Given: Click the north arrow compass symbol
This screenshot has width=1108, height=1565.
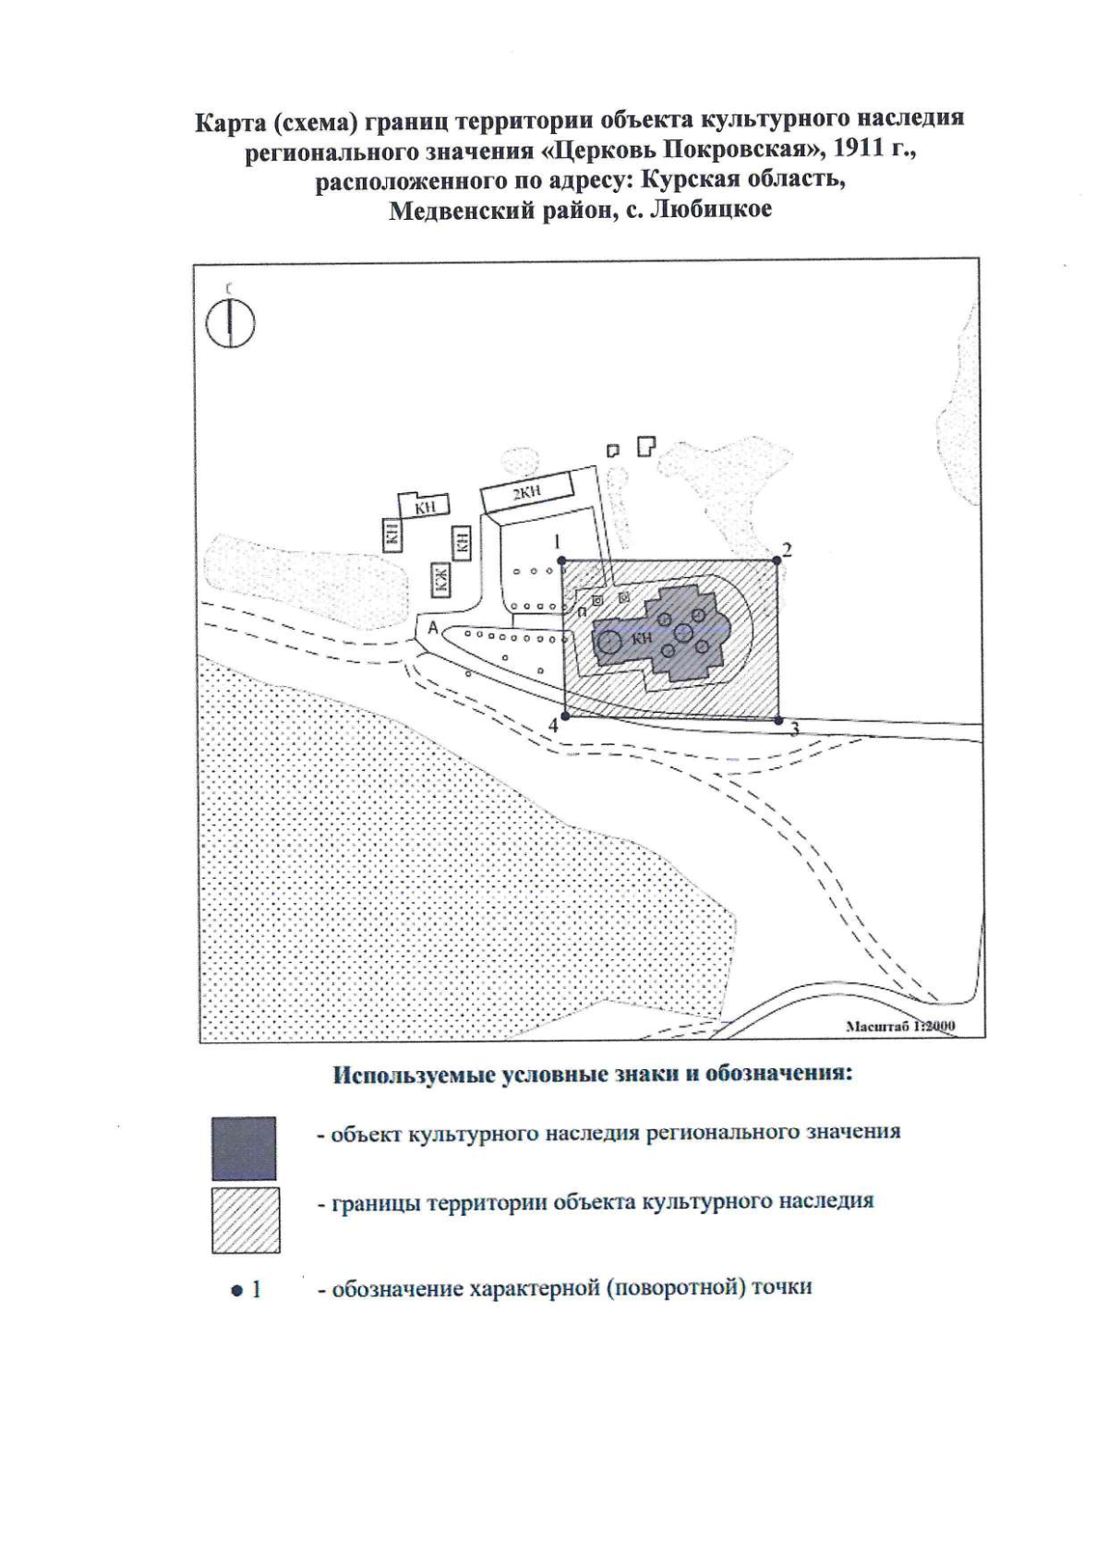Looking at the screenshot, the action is click(x=230, y=323).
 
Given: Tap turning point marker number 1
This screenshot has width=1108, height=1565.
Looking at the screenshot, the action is click(x=561, y=560).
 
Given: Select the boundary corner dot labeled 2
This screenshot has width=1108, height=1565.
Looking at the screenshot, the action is click(x=777, y=560).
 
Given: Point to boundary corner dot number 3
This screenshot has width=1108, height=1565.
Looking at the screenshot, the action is click(x=779, y=720).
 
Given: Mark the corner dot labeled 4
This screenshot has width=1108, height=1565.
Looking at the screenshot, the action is click(x=565, y=716).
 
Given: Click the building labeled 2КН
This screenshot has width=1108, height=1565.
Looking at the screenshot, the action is click(x=527, y=492).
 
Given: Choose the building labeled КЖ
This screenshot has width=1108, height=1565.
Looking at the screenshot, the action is click(x=440, y=579).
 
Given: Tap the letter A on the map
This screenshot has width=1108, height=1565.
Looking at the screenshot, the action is click(x=433, y=628).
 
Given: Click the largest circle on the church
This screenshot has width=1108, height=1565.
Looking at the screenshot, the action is click(x=610, y=642).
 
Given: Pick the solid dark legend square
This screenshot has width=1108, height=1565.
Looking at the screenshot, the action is click(x=244, y=1148).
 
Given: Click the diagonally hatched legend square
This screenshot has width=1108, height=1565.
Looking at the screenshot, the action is click(x=246, y=1220).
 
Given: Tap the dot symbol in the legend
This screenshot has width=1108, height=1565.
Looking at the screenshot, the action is click(x=236, y=1291).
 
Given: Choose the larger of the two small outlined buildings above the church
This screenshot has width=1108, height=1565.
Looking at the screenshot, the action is click(x=646, y=446).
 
